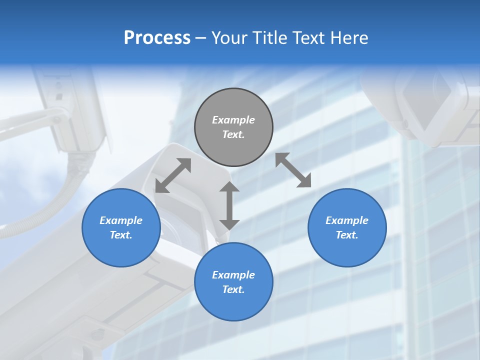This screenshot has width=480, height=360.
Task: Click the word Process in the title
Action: (157, 38)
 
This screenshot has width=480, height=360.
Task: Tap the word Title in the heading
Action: (270, 38)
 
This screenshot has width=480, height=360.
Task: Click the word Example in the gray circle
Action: (233, 120)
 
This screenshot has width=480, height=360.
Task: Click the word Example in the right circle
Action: (347, 220)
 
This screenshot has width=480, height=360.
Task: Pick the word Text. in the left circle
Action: (121, 235)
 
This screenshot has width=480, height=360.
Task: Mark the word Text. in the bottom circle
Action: (233, 289)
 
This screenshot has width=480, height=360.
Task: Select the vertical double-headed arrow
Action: (229, 205)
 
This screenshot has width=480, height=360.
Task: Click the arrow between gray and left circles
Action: (173, 175)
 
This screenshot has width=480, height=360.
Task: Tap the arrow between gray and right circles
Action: (293, 170)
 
